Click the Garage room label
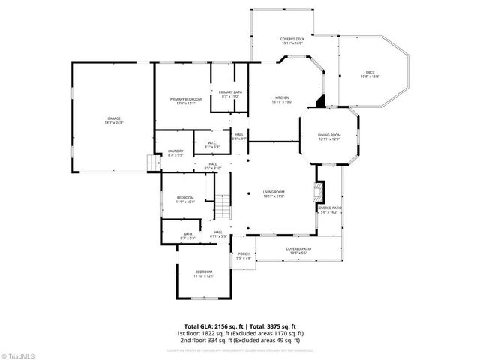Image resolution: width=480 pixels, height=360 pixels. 113,120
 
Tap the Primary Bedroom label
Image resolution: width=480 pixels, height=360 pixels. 182,101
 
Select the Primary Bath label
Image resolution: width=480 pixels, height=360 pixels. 229,94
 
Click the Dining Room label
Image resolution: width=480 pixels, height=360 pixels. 328,137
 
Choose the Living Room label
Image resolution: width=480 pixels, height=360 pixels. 274,194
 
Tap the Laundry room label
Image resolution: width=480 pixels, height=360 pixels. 175,152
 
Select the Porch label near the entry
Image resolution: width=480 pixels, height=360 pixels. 244,256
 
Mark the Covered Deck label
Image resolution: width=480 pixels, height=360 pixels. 292,40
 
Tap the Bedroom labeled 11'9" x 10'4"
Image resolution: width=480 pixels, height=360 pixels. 185,200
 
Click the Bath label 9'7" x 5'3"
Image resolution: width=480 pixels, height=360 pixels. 187,235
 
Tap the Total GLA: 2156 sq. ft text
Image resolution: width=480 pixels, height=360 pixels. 208,325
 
